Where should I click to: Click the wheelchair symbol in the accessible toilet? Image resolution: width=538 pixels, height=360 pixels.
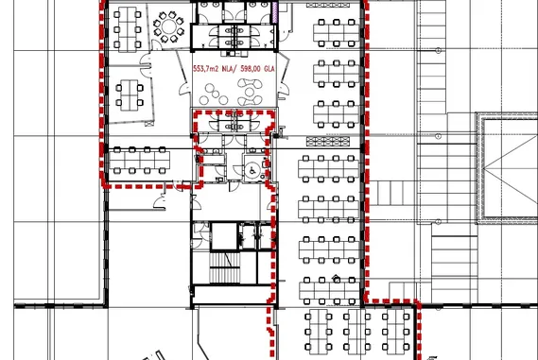tap(252, 170)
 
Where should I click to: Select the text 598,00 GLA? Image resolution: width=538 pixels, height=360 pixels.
tap(258, 69)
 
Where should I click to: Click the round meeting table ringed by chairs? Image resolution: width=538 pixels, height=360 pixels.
tap(169, 26)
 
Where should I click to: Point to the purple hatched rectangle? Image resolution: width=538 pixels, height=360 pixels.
tap(274, 12)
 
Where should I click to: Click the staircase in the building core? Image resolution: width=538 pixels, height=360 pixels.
tap(225, 267)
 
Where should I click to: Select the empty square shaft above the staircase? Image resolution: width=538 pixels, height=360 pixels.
tap(224, 236)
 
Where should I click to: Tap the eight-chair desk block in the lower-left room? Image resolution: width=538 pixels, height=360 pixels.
tap(139, 160)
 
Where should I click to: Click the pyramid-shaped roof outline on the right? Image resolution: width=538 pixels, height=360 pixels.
tap(511, 168)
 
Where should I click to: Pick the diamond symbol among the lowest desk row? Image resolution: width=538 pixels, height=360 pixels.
tap(337, 278)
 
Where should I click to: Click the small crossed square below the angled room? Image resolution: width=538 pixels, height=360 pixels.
tap(149, 124)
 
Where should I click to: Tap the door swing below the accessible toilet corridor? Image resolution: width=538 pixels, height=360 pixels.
tap(234, 186)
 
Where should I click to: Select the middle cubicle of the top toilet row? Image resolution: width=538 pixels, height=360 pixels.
tap(234, 12)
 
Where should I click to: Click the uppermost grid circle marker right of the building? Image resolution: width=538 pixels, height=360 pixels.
tap(438, 51)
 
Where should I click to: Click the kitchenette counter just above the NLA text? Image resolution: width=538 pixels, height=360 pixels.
tap(235, 54)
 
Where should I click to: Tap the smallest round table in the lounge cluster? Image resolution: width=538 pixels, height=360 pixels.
tap(216, 94)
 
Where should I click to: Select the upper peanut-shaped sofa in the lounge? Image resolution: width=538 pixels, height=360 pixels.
tap(251, 84)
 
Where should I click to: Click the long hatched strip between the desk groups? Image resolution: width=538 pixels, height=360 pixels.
tap(328, 141)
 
